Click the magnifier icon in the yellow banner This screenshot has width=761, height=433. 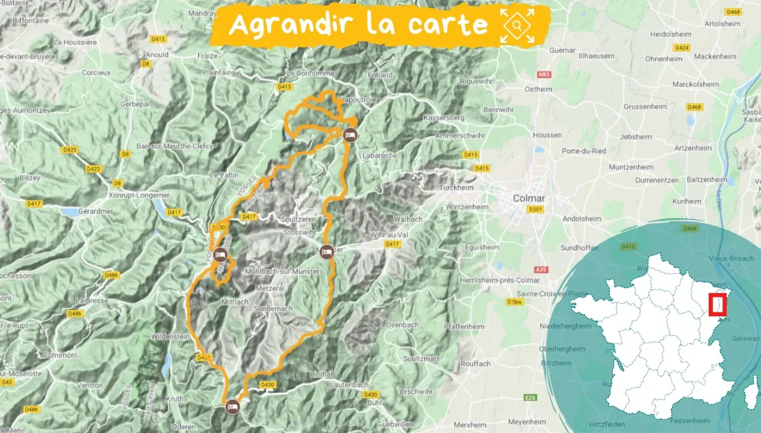pyautogui.click(x=517, y=25)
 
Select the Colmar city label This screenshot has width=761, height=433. pyautogui.click(x=528, y=199)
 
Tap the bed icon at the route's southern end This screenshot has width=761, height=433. pyautogui.click(x=232, y=407)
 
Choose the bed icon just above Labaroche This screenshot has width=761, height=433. pyautogui.click(x=349, y=135)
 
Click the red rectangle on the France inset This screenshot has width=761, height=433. pyautogui.click(x=718, y=305)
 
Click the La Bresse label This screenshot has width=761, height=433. pyautogui.click(x=92, y=300)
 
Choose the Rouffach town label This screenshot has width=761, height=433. pyautogui.click(x=475, y=363)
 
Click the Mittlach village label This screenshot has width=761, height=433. pyautogui.click(x=235, y=302)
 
